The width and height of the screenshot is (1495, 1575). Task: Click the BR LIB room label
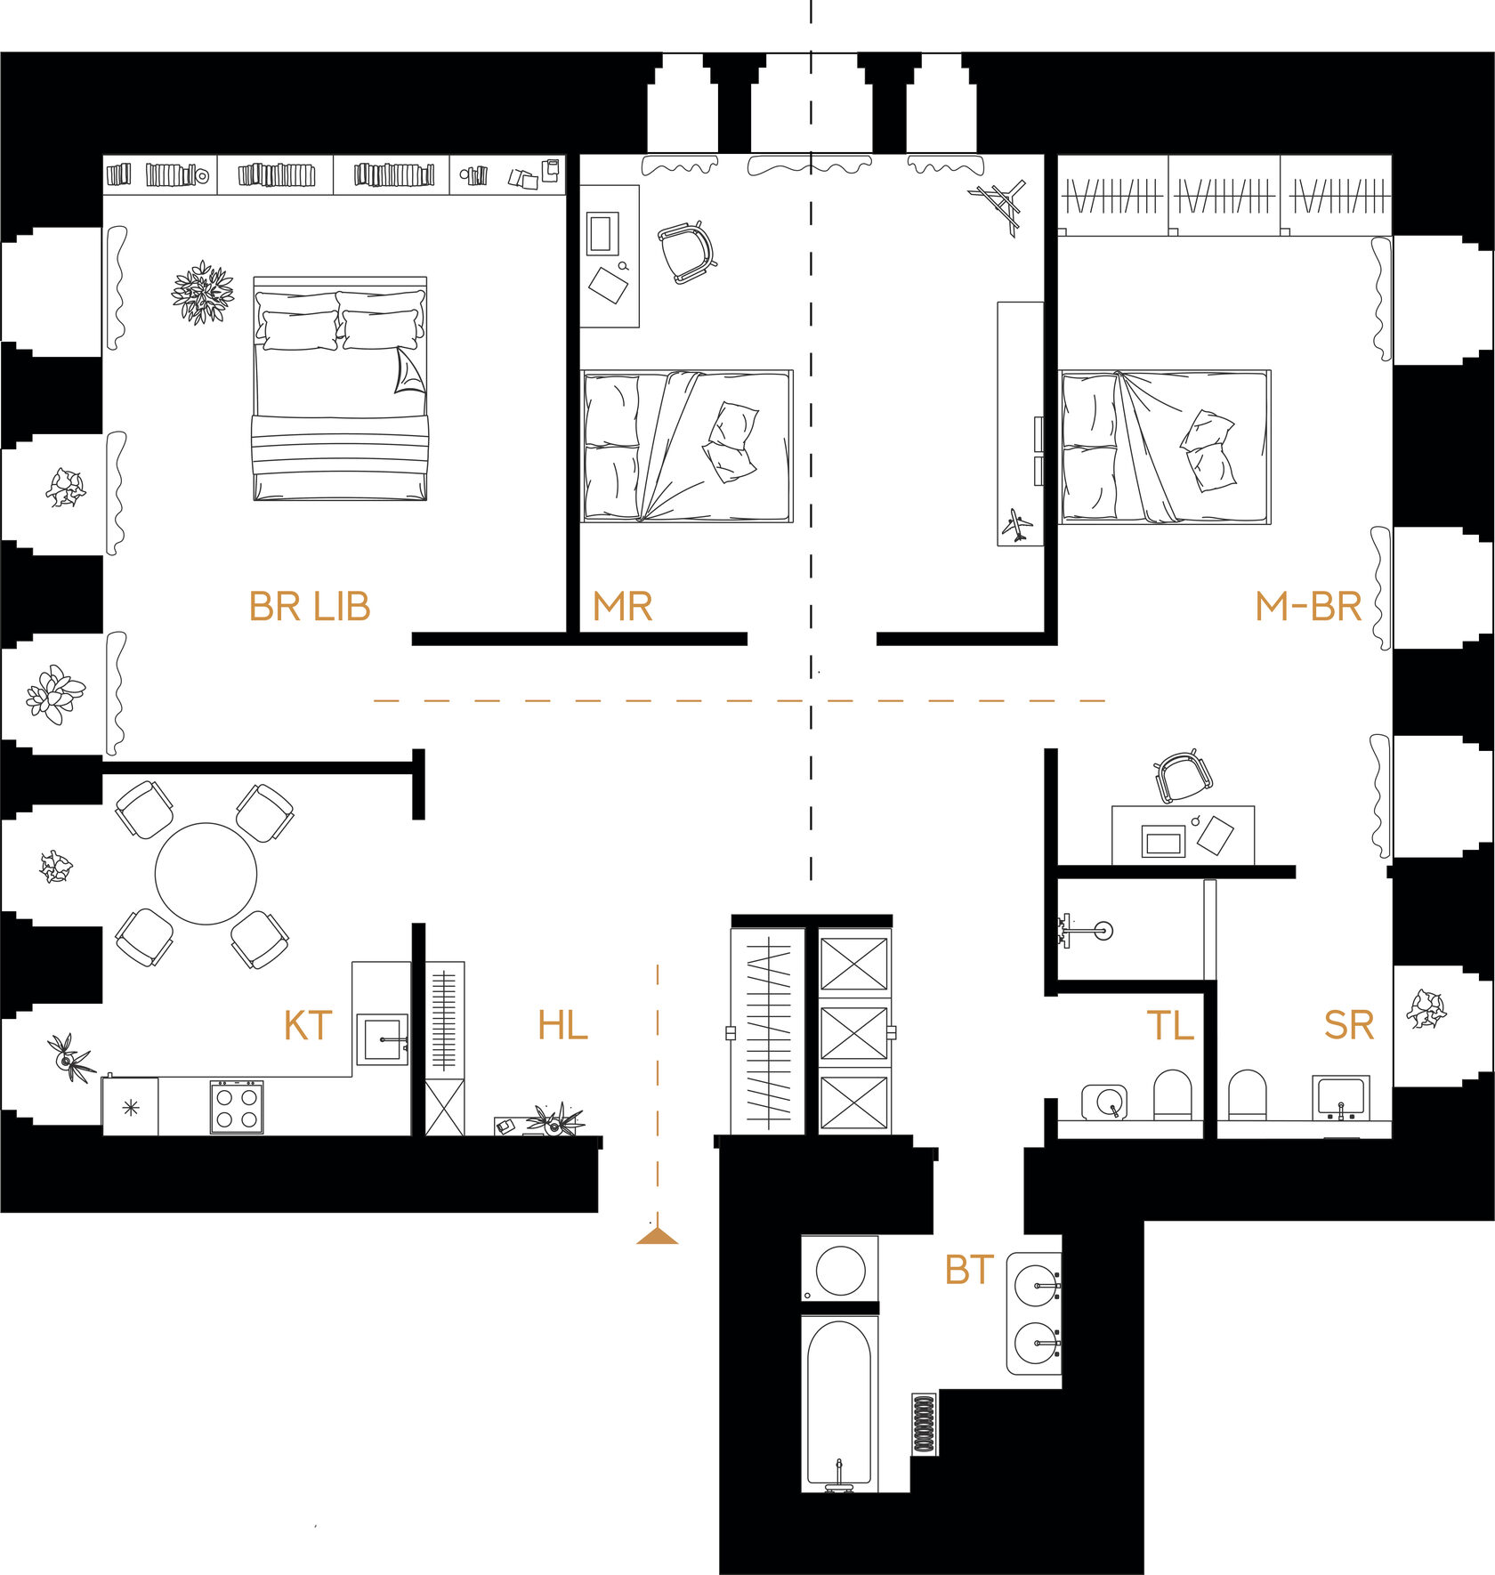(x=309, y=607)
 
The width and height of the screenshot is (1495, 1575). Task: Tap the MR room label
(x=623, y=607)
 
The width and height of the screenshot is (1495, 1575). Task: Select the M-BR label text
(x=1308, y=607)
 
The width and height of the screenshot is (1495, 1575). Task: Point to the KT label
(x=308, y=1026)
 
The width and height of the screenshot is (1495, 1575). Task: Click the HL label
(x=562, y=1026)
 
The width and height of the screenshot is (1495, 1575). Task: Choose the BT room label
(x=969, y=1270)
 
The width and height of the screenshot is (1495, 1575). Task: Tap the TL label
(x=1169, y=1026)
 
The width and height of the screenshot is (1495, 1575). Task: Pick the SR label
(x=1349, y=1026)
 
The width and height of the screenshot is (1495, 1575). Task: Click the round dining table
(x=206, y=874)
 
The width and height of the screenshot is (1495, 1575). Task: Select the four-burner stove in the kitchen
(x=237, y=1107)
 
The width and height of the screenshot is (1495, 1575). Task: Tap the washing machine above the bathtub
(x=840, y=1270)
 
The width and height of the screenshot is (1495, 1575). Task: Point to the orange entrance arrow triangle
(x=658, y=1234)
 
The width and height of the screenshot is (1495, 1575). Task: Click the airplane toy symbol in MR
(x=1018, y=525)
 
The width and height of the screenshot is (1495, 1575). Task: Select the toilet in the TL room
(x=1172, y=1094)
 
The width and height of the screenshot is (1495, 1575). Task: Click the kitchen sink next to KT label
(x=383, y=1039)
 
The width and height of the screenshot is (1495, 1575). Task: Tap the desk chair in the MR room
(x=687, y=252)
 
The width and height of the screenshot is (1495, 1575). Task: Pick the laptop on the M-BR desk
(x=1164, y=841)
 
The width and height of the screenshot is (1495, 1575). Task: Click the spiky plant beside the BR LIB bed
(x=203, y=292)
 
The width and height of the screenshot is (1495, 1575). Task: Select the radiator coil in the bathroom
(x=925, y=1424)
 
